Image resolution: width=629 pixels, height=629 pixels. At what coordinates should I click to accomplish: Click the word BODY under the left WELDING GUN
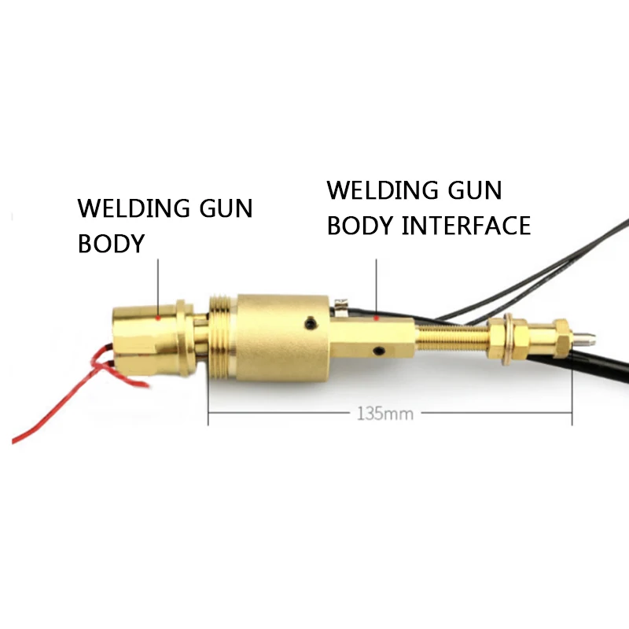(111, 244)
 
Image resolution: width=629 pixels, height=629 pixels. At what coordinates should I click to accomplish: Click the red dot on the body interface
(377, 318)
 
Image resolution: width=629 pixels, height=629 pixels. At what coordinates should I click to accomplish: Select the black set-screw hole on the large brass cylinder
(312, 322)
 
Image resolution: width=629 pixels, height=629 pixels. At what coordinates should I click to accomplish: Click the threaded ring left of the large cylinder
(223, 337)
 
